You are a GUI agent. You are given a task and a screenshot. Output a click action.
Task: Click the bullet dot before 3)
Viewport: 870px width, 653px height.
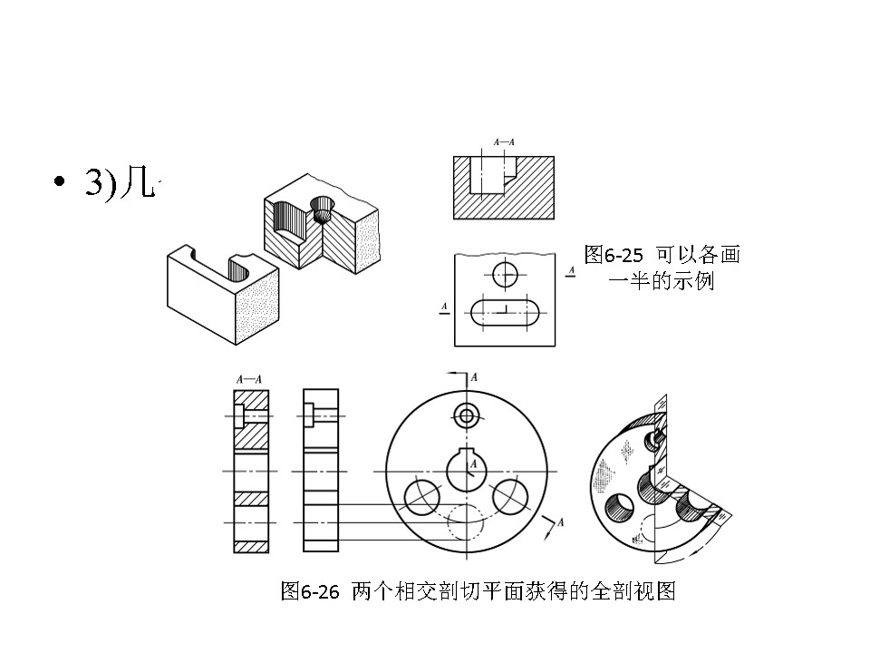click(x=60, y=182)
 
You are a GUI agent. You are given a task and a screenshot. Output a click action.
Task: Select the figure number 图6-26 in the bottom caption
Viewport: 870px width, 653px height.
click(x=309, y=592)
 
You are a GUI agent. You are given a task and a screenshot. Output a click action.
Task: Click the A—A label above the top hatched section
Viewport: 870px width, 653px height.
click(x=504, y=142)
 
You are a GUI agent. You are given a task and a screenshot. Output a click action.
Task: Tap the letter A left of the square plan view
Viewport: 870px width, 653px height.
click(x=444, y=307)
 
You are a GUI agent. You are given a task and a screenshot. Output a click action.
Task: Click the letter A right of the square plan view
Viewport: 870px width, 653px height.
click(x=570, y=270)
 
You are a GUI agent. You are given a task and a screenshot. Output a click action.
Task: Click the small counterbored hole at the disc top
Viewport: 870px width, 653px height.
click(x=468, y=416)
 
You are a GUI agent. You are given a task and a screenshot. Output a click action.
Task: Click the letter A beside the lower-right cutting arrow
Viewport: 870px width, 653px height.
click(x=561, y=522)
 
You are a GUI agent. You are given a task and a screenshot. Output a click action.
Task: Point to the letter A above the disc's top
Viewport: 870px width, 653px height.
click(x=474, y=376)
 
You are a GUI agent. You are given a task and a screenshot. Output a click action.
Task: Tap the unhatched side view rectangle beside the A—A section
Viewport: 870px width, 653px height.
click(x=320, y=471)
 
